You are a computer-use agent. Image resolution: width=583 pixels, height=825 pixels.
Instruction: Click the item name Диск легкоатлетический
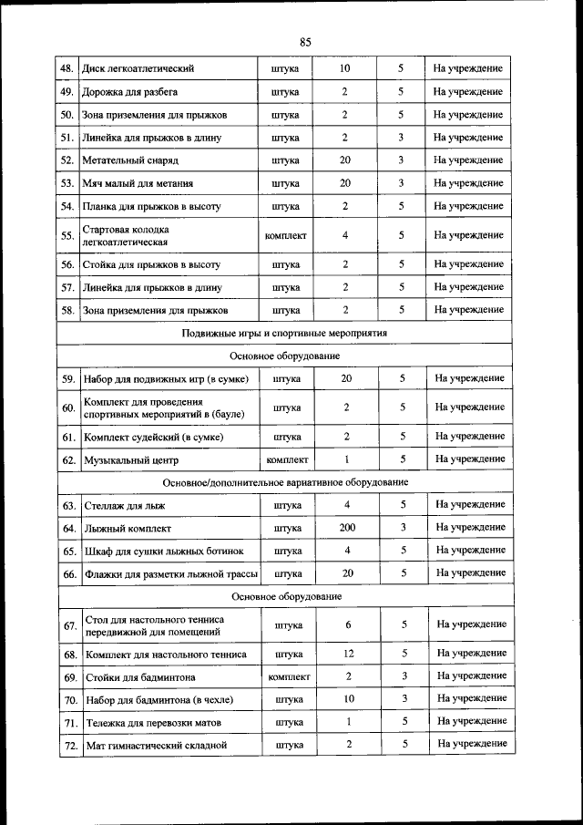[138, 69]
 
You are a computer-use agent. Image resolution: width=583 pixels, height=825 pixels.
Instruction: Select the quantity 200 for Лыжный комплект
[346, 528]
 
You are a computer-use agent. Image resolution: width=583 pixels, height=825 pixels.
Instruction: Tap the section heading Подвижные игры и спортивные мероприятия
[285, 334]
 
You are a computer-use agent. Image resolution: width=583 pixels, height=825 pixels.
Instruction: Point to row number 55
[67, 235]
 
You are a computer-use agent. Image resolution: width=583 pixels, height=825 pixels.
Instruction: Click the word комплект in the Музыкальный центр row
[286, 460]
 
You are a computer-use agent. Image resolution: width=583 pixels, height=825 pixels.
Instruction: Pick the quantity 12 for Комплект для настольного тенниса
[346, 655]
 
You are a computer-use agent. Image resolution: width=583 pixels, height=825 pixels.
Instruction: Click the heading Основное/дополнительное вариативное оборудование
[285, 482]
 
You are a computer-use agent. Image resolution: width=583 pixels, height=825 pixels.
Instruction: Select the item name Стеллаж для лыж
[125, 505]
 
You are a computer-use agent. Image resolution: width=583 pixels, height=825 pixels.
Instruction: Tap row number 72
[68, 745]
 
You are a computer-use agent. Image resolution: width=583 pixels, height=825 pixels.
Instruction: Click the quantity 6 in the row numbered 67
[346, 625]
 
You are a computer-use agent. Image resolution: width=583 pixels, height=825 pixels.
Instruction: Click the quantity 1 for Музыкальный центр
[346, 460]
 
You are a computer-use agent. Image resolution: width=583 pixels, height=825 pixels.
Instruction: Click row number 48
[67, 69]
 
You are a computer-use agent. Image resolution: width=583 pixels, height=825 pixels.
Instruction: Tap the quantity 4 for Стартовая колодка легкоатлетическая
[346, 235]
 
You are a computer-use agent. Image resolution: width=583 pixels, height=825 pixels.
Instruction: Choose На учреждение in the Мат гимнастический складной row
[471, 745]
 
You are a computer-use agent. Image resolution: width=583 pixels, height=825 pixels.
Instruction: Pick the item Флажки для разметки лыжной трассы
[170, 573]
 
